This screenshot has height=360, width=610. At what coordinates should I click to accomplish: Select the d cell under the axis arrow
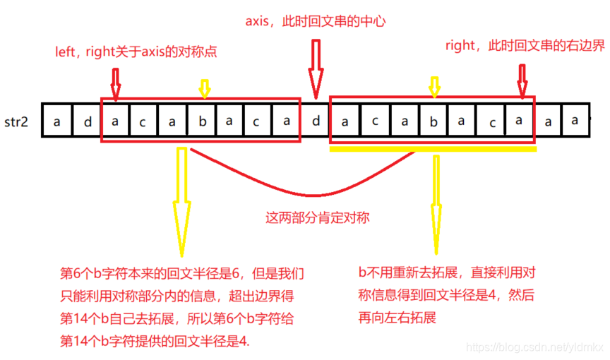[x=316, y=121]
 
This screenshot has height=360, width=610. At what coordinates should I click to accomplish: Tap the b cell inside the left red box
[x=201, y=121]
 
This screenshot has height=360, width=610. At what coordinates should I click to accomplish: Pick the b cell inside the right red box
[x=433, y=121]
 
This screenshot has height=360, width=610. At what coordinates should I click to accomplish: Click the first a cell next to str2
[x=56, y=121]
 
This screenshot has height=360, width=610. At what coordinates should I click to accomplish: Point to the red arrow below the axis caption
[x=315, y=71]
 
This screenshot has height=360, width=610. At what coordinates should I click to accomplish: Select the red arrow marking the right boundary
[x=522, y=80]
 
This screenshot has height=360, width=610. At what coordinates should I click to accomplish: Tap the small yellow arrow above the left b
[x=204, y=88]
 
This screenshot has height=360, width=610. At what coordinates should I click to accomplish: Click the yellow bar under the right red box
[x=433, y=149]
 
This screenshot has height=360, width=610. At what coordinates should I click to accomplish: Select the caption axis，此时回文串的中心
[x=315, y=21]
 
